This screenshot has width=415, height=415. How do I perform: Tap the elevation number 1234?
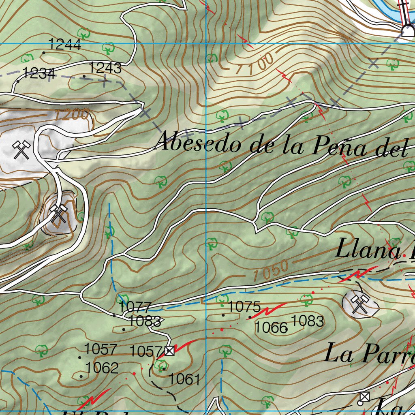coord(39,73)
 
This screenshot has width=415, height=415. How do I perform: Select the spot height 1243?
coord(105,68)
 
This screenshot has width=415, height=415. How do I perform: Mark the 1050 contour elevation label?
coord(270,271)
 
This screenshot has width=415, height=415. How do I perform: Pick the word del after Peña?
coord(391,149)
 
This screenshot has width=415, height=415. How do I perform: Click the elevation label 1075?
coord(244,307)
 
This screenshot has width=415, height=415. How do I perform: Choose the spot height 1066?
coord(271,327)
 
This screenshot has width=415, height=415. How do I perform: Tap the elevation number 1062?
coord(102,368)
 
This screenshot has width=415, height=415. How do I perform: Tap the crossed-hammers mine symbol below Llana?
coord(359,304)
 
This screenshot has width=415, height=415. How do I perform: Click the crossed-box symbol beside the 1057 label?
coord(169,351)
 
